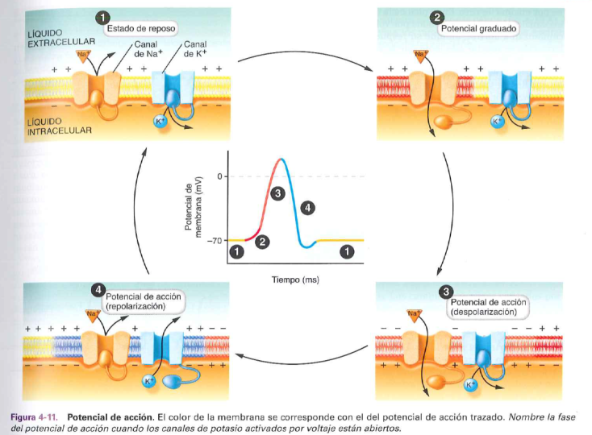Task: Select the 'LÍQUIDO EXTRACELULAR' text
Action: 61,37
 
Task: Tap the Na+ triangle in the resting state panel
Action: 83,55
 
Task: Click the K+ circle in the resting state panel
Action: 160,121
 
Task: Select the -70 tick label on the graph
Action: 215,241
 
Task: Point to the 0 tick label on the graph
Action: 219,176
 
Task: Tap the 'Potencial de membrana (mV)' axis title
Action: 194,208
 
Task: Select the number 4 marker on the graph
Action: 306,209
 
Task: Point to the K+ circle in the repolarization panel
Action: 149,381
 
